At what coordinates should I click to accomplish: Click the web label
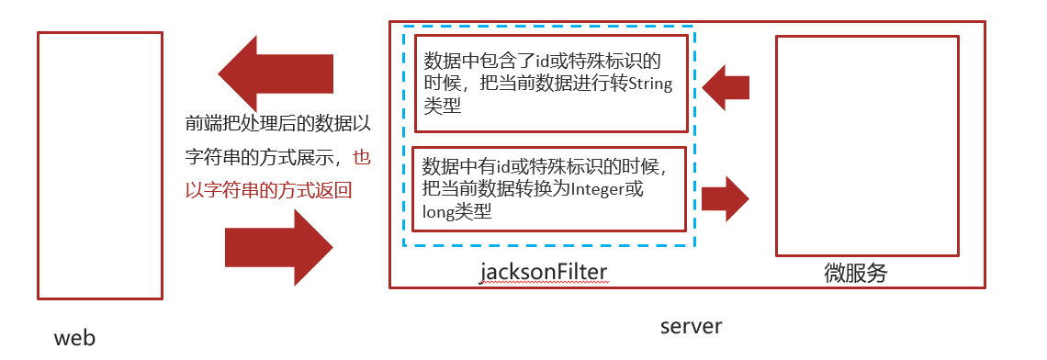74,338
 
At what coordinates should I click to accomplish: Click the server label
691,326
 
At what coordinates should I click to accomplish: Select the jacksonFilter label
544,273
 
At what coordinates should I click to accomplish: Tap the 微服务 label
856,273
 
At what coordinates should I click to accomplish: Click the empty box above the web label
100,165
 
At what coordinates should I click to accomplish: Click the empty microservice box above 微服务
867,145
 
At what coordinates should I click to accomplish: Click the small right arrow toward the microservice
726,197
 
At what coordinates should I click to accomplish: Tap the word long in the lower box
438,213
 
